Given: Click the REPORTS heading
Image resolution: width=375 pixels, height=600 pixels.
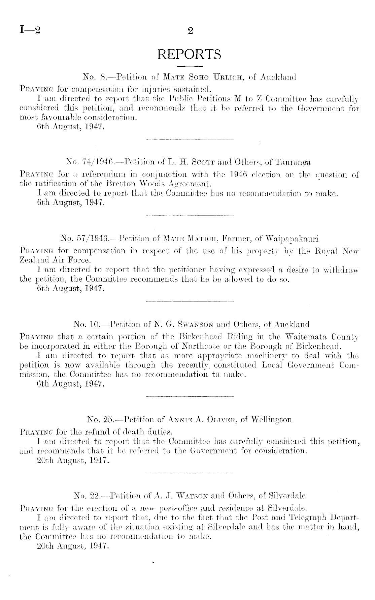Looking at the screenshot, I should coord(190,54).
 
